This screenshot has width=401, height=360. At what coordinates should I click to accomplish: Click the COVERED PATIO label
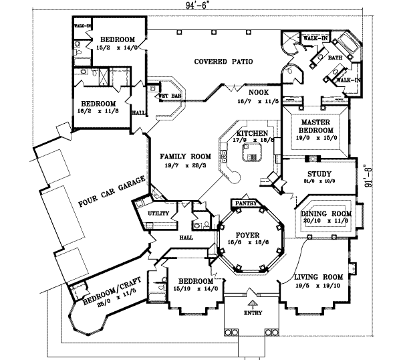223,62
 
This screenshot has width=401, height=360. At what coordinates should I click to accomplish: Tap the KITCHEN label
250,134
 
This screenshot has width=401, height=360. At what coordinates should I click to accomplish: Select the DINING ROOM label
326,214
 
